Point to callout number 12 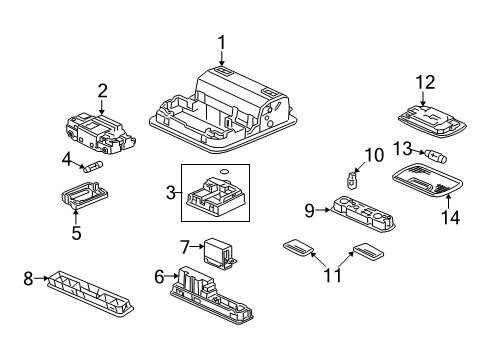coord(427,81)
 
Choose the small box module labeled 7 coord(215,250)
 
